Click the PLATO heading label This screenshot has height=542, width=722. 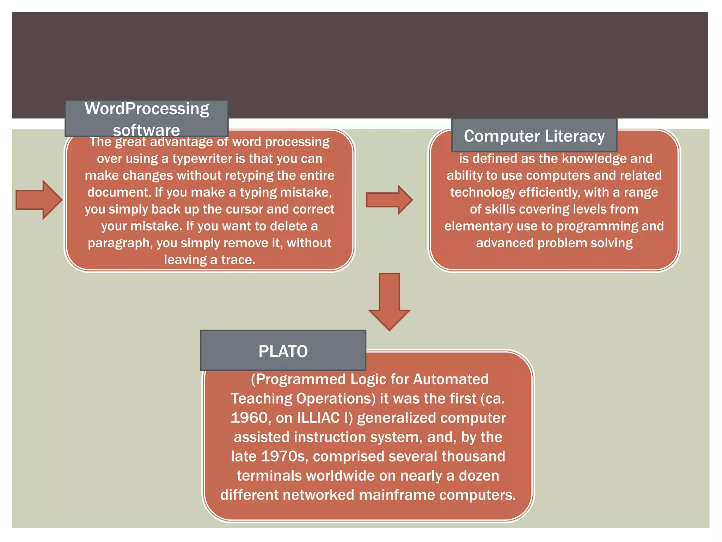(283, 351)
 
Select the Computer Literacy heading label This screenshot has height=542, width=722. (534, 136)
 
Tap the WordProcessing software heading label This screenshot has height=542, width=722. (147, 119)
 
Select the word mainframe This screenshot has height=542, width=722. (397, 495)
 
